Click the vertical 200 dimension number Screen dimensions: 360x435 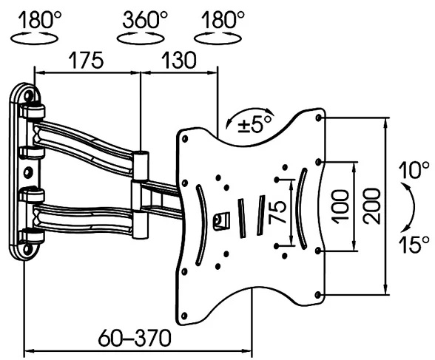pyautogui.click(x=371, y=206)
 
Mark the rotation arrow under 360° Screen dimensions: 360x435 pyautogui.click(x=141, y=36)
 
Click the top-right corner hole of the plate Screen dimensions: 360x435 pyautogui.click(x=318, y=118)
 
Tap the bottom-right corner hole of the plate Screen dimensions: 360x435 pyautogui.click(x=318, y=296)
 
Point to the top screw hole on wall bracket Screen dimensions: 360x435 pyautogui.click(x=28, y=95)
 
